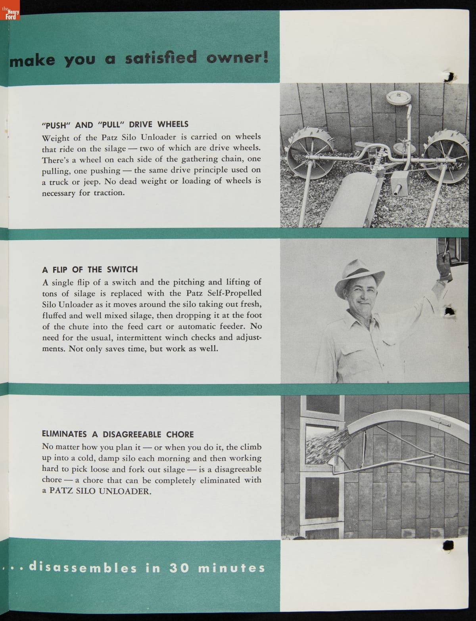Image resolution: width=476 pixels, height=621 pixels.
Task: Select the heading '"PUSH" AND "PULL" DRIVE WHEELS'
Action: click(x=115, y=124)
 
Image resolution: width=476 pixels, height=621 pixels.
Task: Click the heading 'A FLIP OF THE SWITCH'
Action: click(x=90, y=269)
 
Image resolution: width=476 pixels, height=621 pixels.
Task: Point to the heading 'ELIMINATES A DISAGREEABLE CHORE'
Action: click(x=118, y=434)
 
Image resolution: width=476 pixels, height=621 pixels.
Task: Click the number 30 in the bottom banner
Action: click(x=179, y=568)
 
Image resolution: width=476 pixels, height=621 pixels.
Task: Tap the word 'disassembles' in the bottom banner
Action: click(x=83, y=567)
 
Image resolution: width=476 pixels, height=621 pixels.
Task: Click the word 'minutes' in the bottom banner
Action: click(x=231, y=568)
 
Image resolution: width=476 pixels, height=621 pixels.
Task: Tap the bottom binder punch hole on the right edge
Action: click(x=448, y=546)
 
